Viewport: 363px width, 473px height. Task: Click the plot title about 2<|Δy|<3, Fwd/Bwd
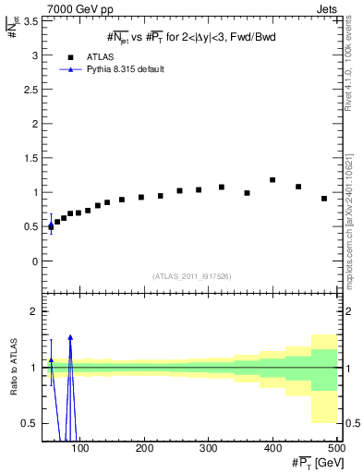pyautogui.click(x=193, y=37)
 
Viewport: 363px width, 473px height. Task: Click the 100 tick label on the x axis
pyautogui.click(x=81, y=448)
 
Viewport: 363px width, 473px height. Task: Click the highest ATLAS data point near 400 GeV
pyautogui.click(x=272, y=180)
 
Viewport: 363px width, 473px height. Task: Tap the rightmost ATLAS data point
pyautogui.click(x=324, y=199)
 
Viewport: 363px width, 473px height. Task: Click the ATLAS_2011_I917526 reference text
pyautogui.click(x=191, y=276)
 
